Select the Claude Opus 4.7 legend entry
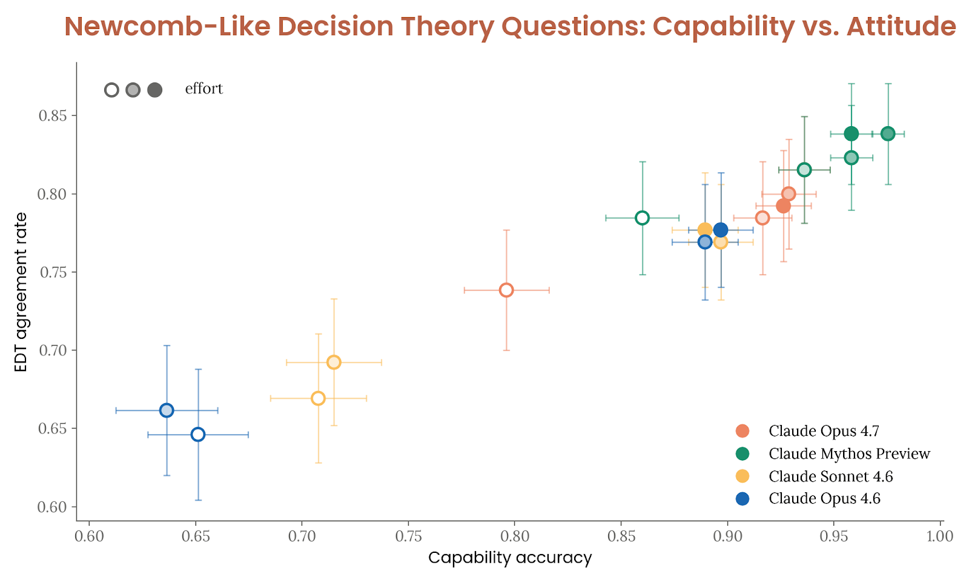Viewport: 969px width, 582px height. tap(824, 431)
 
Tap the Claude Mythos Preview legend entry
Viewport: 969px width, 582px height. tap(849, 453)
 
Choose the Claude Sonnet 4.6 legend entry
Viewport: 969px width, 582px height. tap(830, 477)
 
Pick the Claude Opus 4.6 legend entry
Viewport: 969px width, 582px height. tap(824, 498)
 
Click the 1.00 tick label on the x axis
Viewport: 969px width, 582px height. tap(940, 536)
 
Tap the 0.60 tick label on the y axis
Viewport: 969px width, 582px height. tap(53, 507)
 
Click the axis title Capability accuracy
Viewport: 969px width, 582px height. tap(510, 558)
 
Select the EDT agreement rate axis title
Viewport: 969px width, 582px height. tap(21, 292)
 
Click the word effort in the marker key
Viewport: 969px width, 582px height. tap(204, 89)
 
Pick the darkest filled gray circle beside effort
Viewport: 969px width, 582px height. tap(154, 90)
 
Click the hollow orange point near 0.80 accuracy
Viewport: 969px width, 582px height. tap(506, 290)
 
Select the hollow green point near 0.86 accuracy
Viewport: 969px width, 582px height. tap(642, 218)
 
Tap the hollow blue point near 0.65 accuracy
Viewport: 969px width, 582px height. tap(198, 435)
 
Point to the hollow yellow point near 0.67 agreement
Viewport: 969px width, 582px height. tap(318, 398)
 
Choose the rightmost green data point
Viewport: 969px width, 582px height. tap(888, 134)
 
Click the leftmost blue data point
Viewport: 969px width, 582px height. tap(167, 410)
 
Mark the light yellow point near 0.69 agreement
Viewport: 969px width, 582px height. tap(334, 363)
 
